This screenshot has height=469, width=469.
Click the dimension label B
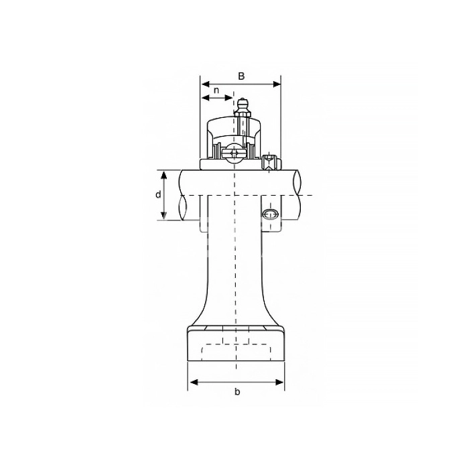(241, 76)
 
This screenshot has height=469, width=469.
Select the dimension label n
(216, 90)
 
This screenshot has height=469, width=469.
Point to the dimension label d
(158, 194)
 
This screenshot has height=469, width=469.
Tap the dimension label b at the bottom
(237, 391)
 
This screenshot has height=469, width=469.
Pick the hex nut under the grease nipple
(242, 114)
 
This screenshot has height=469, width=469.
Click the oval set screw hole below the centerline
(270, 214)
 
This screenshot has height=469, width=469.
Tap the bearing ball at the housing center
(234, 153)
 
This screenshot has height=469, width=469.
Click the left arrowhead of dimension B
(205, 84)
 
